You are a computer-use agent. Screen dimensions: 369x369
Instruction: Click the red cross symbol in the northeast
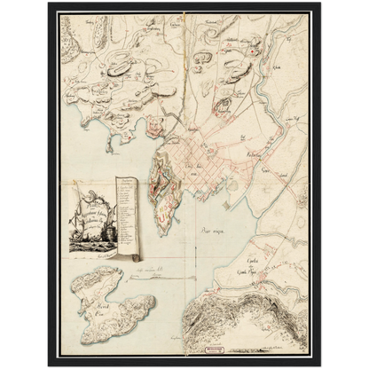(254, 53)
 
